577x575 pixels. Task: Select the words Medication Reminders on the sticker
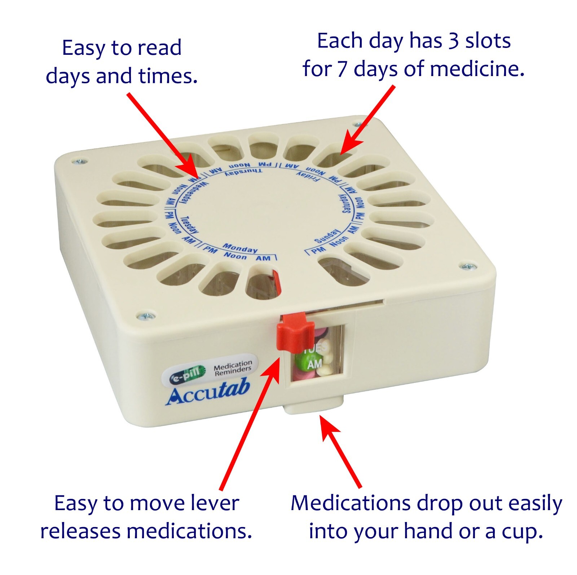click(x=233, y=368)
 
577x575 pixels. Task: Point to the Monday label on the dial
click(x=240, y=248)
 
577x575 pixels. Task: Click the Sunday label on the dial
click(x=327, y=236)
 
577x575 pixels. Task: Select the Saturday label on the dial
click(x=345, y=204)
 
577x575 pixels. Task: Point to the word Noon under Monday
click(x=235, y=256)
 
